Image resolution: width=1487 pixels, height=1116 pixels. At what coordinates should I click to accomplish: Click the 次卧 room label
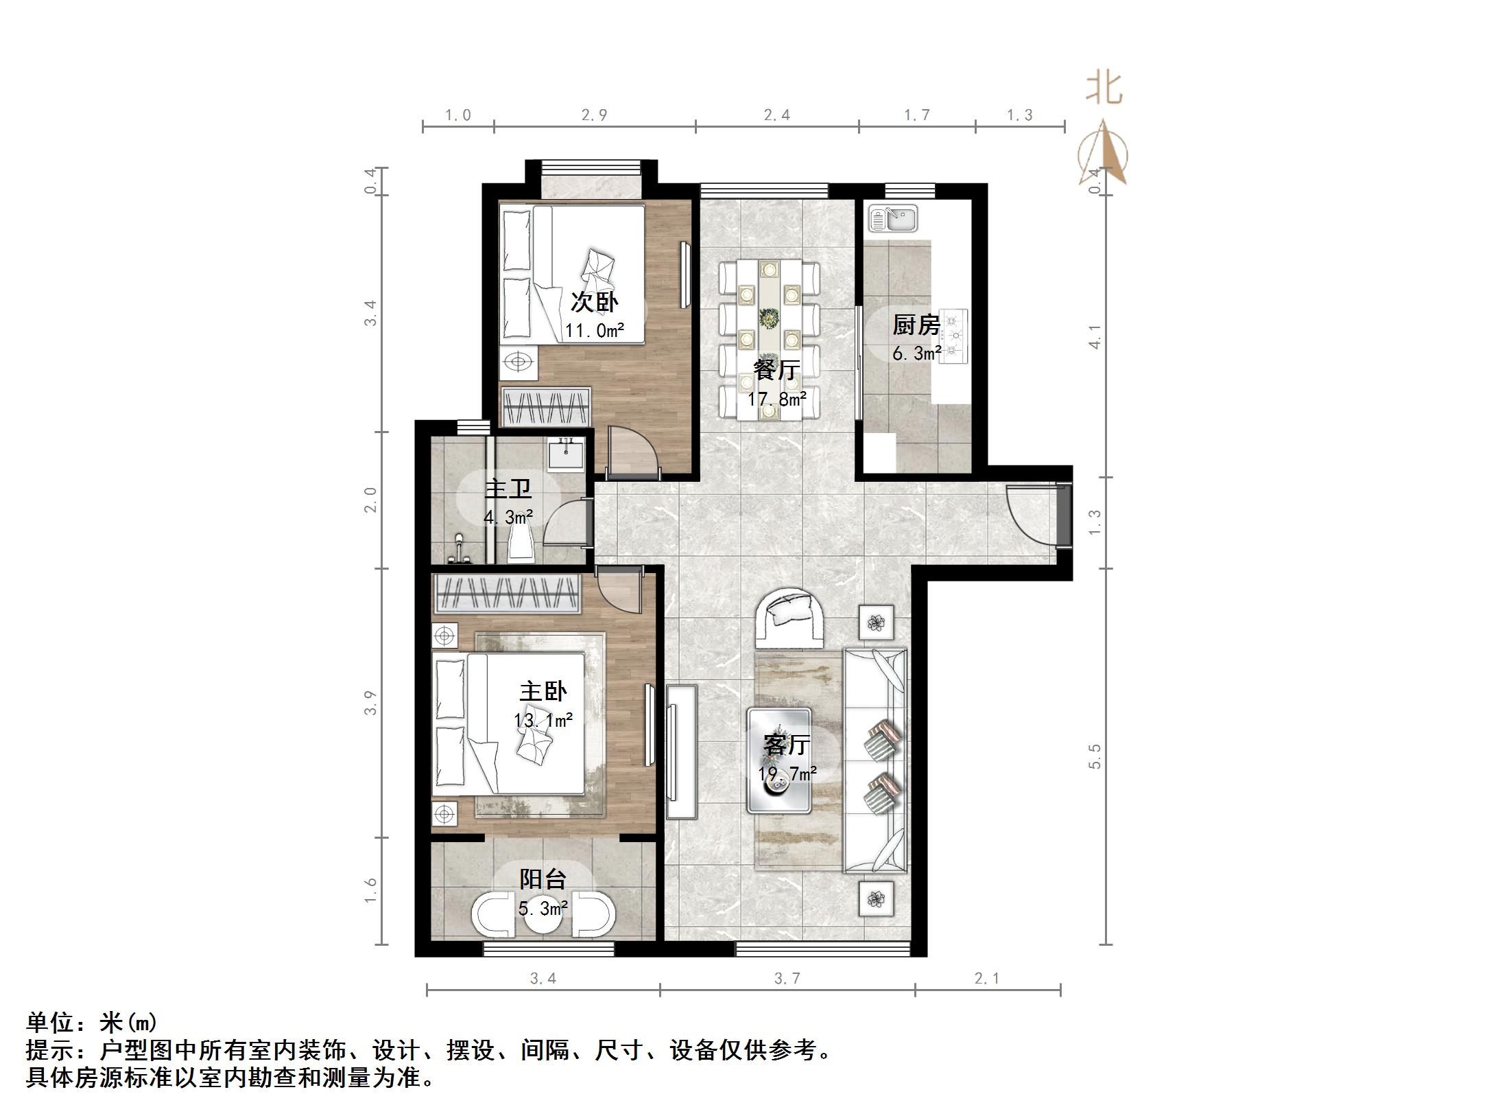coord(595,302)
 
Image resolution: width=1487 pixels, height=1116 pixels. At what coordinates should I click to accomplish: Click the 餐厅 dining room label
coord(776,370)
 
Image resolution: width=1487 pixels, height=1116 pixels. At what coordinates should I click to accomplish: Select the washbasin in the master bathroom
coord(566,454)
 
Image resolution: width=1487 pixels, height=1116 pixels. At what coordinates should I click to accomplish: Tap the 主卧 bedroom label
coord(543,691)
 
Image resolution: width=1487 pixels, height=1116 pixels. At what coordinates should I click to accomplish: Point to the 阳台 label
coord(543,879)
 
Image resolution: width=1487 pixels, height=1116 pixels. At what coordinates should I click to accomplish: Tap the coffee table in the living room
coord(779,760)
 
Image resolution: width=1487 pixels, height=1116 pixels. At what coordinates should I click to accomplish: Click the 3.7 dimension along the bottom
coord(787,979)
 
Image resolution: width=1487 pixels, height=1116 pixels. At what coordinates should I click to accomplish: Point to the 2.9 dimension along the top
coord(594,115)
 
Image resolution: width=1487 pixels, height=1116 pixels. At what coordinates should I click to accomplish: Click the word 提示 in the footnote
coord(50,1050)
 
